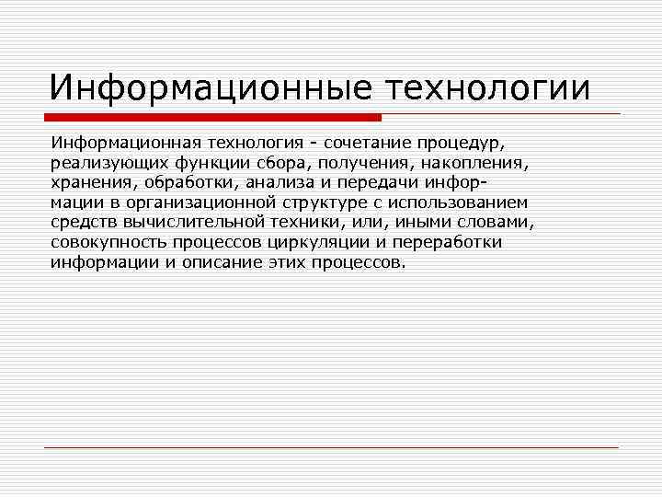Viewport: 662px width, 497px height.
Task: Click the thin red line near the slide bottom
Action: tap(331, 447)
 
